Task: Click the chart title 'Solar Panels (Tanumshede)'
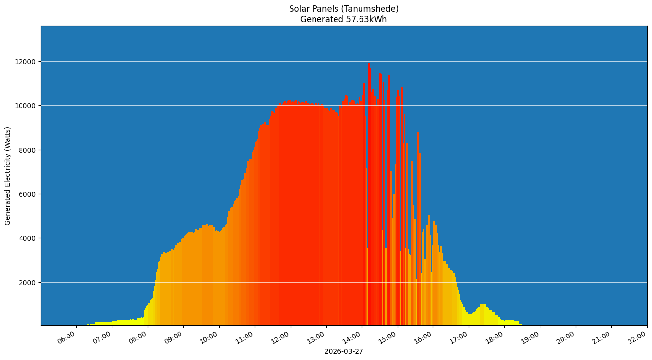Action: click(343, 9)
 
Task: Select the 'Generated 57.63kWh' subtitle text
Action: click(343, 20)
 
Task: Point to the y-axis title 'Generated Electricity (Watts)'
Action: click(8, 176)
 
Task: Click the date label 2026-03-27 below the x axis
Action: click(343, 351)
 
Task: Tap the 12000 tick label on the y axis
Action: click(26, 62)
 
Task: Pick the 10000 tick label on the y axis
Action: click(26, 106)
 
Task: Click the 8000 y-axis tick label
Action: click(28, 150)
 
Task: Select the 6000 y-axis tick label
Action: click(28, 194)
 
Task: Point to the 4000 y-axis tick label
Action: click(28, 238)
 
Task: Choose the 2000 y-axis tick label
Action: click(28, 282)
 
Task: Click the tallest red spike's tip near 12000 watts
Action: click(368, 64)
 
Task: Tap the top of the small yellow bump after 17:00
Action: click(483, 305)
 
